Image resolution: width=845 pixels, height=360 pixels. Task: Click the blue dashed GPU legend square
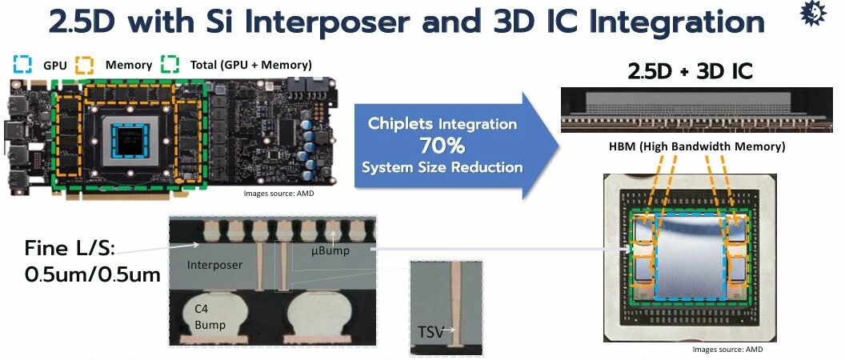22,65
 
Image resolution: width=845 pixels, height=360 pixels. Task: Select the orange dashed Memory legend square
84,65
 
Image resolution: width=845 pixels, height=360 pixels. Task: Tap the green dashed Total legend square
170,65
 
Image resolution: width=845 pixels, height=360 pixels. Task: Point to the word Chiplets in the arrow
401,123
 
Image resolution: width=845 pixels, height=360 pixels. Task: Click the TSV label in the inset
431,332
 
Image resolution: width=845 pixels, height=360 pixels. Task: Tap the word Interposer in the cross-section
215,265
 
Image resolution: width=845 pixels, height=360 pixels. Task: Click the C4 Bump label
210,318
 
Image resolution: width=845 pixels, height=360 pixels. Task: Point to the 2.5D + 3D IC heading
691,72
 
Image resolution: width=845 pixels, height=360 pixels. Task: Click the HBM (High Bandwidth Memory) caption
697,146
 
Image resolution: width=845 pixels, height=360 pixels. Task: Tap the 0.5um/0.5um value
93,274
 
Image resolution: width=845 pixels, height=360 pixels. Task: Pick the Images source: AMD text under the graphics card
278,193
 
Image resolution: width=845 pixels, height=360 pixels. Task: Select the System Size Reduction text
443,167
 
